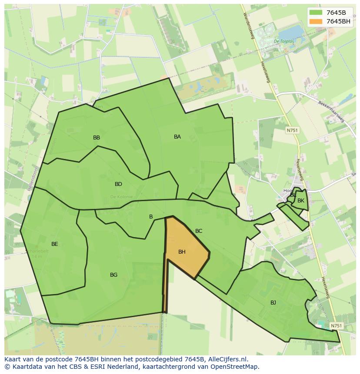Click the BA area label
pyautogui.click(x=177, y=137)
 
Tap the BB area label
pyautogui.click(x=97, y=138)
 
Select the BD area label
pyautogui.click(x=118, y=184)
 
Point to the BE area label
pyautogui.click(x=54, y=244)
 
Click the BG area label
pyautogui.click(x=113, y=275)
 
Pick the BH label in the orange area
pyautogui.click(x=182, y=252)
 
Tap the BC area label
pyautogui.click(x=199, y=231)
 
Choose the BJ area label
pyautogui.click(x=273, y=303)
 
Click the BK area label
pyautogui.click(x=301, y=201)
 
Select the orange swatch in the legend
pyautogui.click(x=316, y=21)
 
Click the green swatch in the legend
pyautogui.click(x=316, y=13)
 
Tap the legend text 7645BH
pyautogui.click(x=338, y=21)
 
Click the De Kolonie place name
pyautogui.click(x=121, y=197)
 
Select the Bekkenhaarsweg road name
pyautogui.click(x=331, y=113)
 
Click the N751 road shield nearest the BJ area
pyautogui.click(x=336, y=326)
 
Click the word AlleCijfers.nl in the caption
pyautogui.click(x=226, y=359)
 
